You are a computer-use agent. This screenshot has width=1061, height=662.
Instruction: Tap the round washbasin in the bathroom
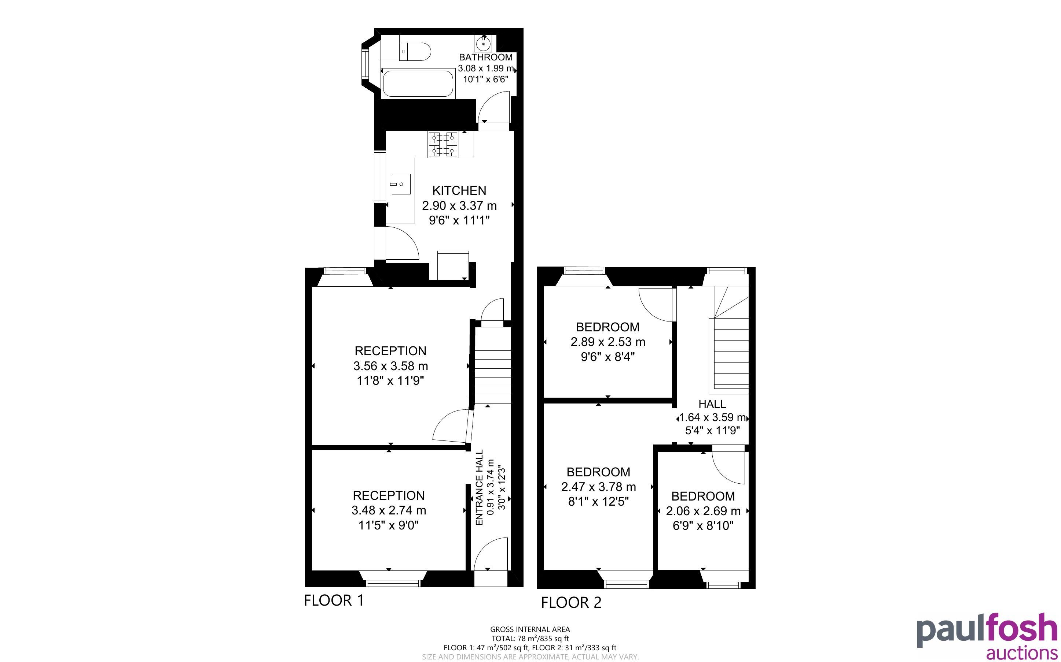pyautogui.click(x=483, y=44)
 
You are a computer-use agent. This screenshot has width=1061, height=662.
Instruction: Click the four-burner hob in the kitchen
pyautogui.click(x=443, y=145)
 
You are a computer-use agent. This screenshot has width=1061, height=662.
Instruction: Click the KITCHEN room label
pyautogui.click(x=459, y=190)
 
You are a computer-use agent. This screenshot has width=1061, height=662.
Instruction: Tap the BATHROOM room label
pyautogui.click(x=485, y=57)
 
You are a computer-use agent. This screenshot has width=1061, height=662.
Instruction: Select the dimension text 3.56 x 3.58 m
pyautogui.click(x=390, y=365)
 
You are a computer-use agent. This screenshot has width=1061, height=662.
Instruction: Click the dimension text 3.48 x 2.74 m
pyautogui.click(x=389, y=510)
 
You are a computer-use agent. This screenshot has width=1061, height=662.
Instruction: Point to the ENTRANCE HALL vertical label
pyautogui.click(x=479, y=487)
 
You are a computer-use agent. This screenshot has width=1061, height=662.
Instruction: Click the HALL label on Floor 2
pyautogui.click(x=712, y=403)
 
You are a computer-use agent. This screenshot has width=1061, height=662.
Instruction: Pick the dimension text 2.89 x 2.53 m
pyautogui.click(x=608, y=342)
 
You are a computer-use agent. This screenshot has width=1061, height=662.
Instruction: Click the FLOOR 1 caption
pyautogui.click(x=334, y=600)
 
